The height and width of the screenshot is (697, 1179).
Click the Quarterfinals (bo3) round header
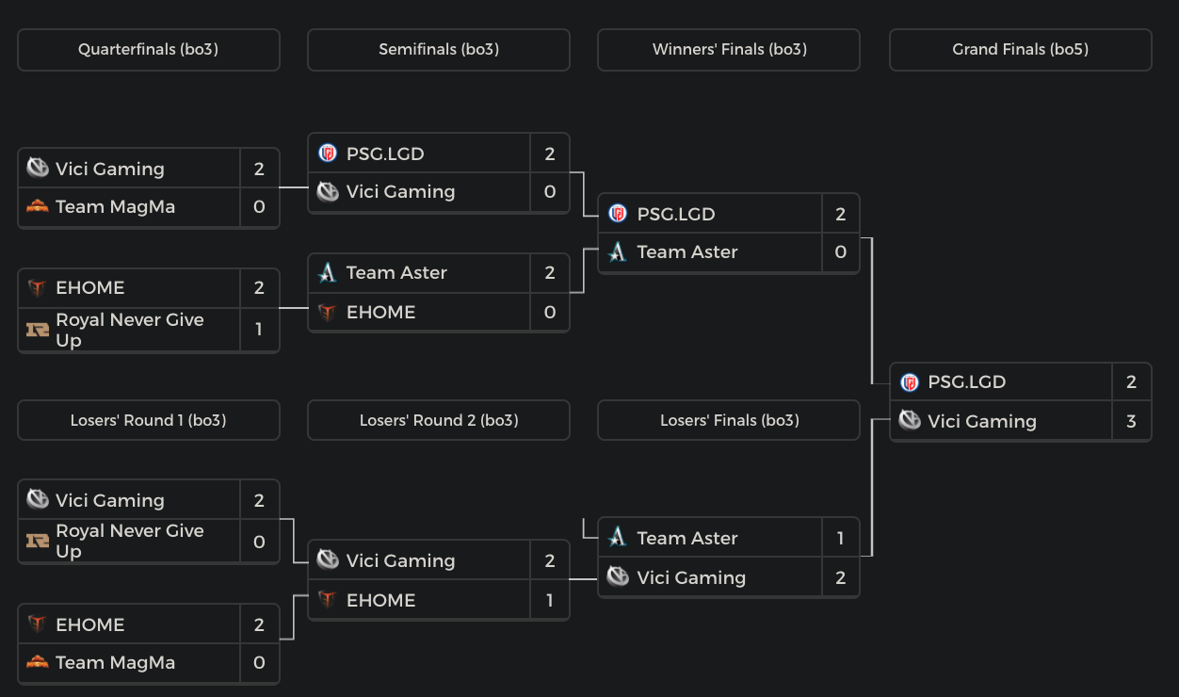coord(148,50)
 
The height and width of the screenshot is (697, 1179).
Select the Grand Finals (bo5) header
coord(1020,50)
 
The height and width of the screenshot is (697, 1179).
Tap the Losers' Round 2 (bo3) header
coord(438,420)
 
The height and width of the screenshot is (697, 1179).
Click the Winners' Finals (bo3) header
coord(729,50)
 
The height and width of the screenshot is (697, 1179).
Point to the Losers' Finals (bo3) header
coord(729,420)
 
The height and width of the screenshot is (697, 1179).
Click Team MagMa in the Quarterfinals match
coord(115,207)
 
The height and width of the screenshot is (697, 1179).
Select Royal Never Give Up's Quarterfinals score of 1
coord(259,330)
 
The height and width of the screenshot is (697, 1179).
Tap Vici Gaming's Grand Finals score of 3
coord(1131,421)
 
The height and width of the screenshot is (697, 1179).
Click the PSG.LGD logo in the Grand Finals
coord(909,382)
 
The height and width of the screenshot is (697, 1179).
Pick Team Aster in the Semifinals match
coord(396,273)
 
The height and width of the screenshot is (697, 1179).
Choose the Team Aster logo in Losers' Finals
coord(618,538)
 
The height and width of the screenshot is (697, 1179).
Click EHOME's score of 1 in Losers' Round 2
coord(550,600)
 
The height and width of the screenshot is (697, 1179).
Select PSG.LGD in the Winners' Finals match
coord(675,214)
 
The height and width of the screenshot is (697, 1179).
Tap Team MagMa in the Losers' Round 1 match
coord(115,663)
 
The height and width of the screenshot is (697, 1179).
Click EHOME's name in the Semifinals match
coord(380,312)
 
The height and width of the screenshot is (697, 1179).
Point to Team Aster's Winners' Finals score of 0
coord(840,252)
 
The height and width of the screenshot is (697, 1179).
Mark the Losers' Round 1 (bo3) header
coord(148,420)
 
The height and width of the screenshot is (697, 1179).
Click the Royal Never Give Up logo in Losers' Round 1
coord(38,541)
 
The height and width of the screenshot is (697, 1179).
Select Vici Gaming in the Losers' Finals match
coord(690,577)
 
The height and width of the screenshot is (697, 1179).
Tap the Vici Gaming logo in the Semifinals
coord(328,191)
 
